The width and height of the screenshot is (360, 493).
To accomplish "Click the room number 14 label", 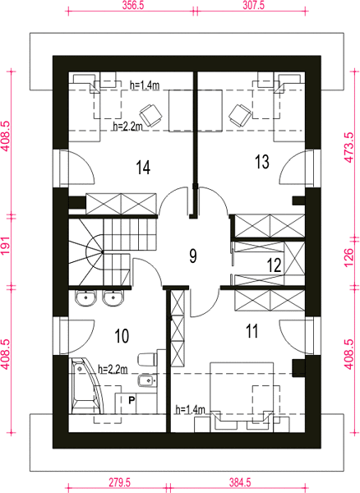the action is [x=143, y=167].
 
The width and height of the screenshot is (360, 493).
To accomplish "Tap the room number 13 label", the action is [x=262, y=162].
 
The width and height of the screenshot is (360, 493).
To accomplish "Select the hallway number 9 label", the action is [x=193, y=256].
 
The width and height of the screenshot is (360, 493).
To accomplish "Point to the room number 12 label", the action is [x=275, y=265].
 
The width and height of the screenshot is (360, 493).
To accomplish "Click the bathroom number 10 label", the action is [x=122, y=336].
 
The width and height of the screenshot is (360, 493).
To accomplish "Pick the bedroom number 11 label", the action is [x=252, y=331].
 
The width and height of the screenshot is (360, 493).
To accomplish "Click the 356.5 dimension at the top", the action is [x=133, y=6].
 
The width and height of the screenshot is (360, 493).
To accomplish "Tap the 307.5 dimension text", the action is [x=253, y=6].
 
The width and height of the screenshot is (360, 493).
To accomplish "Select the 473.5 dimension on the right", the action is [x=349, y=147].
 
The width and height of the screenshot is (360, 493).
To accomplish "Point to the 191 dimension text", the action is [x=6, y=245].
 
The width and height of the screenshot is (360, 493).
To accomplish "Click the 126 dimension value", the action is [x=349, y=258].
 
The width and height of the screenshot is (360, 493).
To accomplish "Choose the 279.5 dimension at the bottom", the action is [x=119, y=482].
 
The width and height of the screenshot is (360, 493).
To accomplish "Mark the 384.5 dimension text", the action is [x=239, y=482].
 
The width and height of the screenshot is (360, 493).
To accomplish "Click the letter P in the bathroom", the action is [x=132, y=400].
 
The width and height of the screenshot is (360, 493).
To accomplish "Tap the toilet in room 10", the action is [x=147, y=359].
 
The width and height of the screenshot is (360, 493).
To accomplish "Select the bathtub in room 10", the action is [x=85, y=386].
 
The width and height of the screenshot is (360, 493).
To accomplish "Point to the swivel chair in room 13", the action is [x=240, y=115].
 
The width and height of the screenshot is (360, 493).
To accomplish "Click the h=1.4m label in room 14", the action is [x=145, y=85].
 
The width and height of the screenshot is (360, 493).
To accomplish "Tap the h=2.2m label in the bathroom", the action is [x=113, y=369].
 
